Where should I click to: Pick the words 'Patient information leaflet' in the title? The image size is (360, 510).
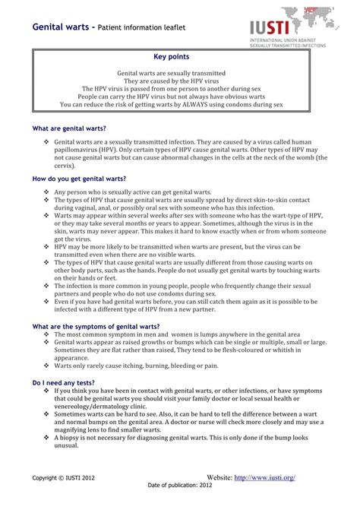(x=145, y=28)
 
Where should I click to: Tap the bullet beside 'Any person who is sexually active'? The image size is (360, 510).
(x=47, y=193)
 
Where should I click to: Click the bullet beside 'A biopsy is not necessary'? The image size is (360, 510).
(x=47, y=439)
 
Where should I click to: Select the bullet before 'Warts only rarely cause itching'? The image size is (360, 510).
(x=47, y=366)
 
